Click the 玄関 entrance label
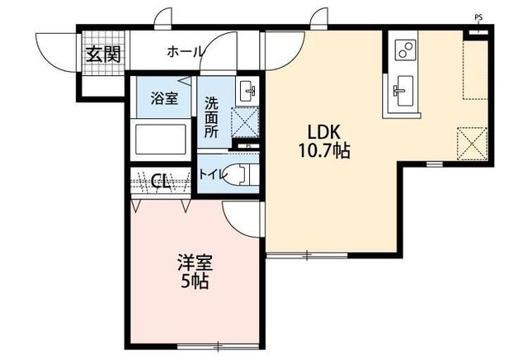(x=103, y=54)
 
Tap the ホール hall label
(x=186, y=52)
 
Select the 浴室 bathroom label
(x=164, y=98)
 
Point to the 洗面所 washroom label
(x=211, y=117)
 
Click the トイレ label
(x=211, y=174)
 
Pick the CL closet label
(x=160, y=182)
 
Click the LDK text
(x=324, y=132)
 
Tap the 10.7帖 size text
(x=324, y=150)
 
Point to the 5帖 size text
(x=195, y=281)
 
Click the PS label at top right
(x=478, y=18)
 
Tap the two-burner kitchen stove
(x=405, y=50)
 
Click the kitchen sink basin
(x=403, y=90)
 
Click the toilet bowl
(x=241, y=174)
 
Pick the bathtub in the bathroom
(x=160, y=139)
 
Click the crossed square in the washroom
(x=245, y=122)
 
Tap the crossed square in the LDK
(x=472, y=144)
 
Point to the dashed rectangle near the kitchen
(x=475, y=70)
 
